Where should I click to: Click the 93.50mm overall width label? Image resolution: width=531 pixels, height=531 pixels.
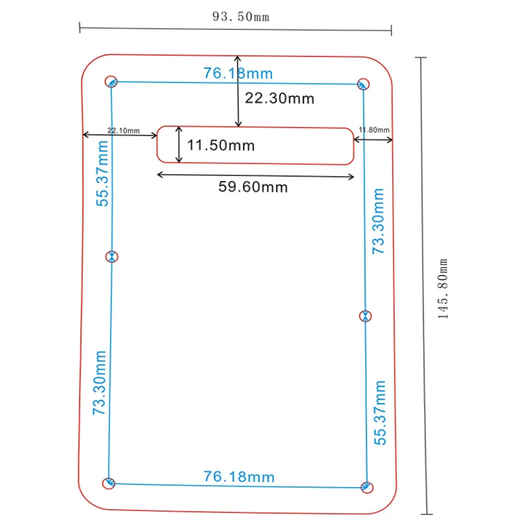pos(241,17)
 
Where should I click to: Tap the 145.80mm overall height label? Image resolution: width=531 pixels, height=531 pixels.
pos(443,289)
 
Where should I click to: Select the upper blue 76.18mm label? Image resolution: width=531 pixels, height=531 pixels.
pos(238,74)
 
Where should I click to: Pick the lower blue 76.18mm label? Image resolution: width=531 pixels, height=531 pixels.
pos(239,477)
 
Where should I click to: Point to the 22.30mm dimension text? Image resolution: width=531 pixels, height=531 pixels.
pos(279,98)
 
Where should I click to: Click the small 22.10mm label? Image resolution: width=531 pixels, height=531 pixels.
pos(123,130)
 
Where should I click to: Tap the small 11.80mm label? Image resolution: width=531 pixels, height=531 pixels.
pos(374,129)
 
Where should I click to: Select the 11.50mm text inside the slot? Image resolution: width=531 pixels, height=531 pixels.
pos(221,145)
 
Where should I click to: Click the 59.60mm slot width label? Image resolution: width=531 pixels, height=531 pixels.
pos(253,187)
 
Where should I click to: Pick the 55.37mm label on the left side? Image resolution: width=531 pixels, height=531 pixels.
pos(102,173)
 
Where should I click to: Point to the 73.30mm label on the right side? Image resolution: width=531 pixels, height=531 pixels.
pos(378,221)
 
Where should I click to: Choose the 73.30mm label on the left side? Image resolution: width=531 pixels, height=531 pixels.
pos(100,383)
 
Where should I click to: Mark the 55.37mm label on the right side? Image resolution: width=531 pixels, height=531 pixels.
pos(380,412)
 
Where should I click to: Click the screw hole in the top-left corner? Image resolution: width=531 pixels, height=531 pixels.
pos(111,82)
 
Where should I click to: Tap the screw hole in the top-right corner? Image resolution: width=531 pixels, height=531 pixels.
pos(363,84)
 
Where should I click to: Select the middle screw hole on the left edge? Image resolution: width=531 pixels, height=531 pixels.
pos(112,257)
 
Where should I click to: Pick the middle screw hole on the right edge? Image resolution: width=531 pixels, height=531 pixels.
pos(366,316)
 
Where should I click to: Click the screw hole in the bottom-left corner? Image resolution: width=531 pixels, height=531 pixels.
pos(109,483)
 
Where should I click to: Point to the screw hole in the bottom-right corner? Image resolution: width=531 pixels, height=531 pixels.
pos(367,487)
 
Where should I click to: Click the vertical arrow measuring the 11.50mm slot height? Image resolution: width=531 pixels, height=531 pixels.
pos(179,145)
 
